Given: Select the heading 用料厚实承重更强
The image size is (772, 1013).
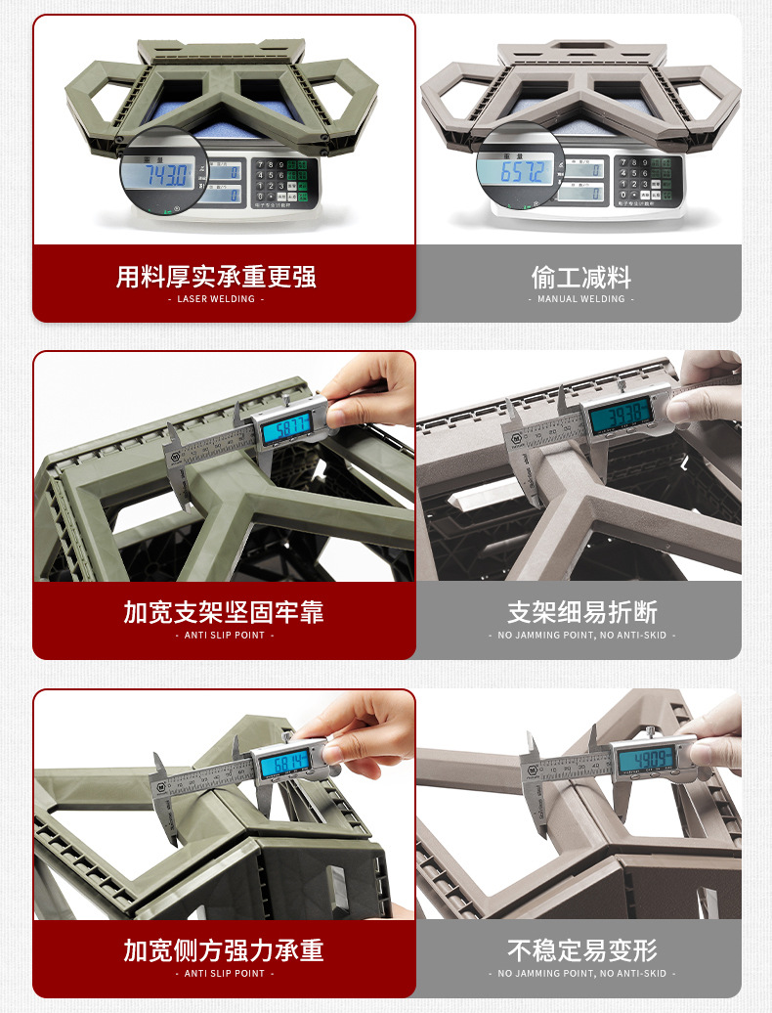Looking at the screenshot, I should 216,277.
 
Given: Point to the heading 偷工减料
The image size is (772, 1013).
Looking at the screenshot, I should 580,277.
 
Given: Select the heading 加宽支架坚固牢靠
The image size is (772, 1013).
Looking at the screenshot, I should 224,613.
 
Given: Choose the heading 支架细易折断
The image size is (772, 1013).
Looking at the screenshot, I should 580,613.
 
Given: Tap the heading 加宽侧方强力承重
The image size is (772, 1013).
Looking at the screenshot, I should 224,950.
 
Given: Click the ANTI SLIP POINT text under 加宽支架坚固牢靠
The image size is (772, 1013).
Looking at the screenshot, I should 224,636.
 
